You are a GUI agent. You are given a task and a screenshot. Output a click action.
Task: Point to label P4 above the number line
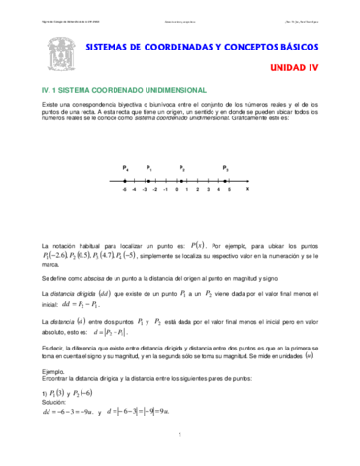[x=126, y=168]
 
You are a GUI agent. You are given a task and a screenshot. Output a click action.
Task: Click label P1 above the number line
[x=148, y=168]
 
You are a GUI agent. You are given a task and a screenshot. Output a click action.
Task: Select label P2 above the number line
[x=181, y=168]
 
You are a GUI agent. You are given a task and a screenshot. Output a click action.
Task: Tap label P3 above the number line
[x=225, y=168]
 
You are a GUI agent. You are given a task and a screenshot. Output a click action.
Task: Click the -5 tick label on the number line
[x=125, y=190]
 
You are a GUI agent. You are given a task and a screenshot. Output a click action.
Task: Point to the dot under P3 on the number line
[x=226, y=180]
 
